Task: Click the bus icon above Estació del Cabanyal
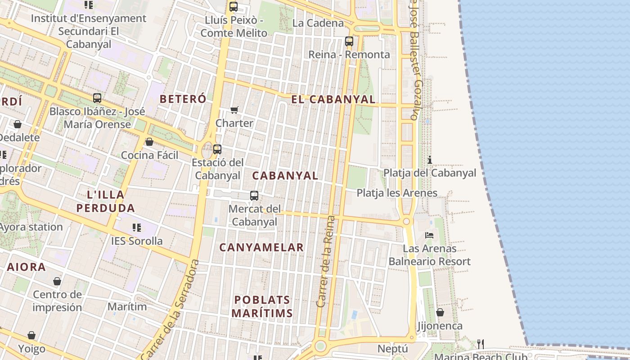(217, 149)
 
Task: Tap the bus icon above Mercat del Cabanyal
(254, 195)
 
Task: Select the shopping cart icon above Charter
(234, 110)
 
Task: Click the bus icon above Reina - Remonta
(349, 41)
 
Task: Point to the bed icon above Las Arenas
(429, 235)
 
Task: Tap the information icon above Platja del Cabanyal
(430, 160)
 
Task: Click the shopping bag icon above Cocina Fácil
(149, 142)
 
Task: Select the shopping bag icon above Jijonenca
(440, 312)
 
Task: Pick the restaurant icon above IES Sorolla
(137, 228)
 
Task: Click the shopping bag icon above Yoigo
(31, 335)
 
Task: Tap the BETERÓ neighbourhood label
(183, 99)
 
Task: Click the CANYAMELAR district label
(261, 247)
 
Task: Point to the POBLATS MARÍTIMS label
(262, 306)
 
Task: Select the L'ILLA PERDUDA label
(106, 201)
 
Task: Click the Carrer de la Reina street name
(326, 261)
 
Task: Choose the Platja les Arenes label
(397, 193)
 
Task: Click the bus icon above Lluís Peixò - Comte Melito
(233, 7)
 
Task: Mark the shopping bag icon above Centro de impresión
(57, 281)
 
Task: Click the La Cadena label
(318, 23)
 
